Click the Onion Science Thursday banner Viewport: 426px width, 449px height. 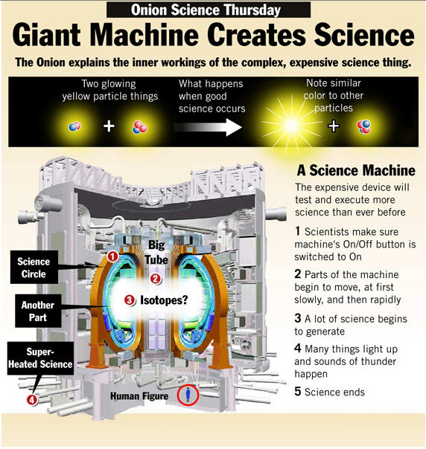pos(209,10)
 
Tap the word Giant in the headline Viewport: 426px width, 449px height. pos(47,35)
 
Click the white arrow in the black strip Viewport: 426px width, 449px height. pos(207,127)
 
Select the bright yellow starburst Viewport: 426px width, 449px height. pos(292,126)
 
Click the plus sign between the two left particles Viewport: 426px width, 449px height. pos(109,126)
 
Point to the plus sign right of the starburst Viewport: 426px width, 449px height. pos(334,126)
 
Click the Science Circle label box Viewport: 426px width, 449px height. pos(34,267)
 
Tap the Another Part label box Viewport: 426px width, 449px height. pos(38,311)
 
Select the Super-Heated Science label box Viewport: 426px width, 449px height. pos(40,358)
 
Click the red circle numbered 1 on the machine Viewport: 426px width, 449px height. pos(112,256)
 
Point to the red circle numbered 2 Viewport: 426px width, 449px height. pos(156,278)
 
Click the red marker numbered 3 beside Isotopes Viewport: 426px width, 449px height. pos(130,300)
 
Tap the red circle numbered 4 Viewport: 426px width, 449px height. pos(32,399)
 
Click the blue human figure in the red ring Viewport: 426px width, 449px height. pos(188,394)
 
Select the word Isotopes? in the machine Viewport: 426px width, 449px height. pos(164,300)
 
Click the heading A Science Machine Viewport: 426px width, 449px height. pos(356,171)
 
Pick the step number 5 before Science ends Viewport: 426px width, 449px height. pos(298,392)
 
